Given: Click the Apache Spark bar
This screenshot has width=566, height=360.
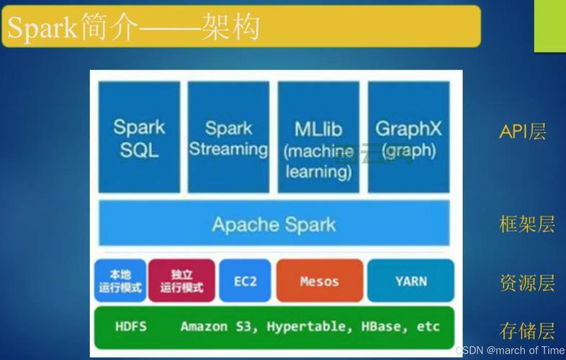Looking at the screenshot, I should pos(274,224).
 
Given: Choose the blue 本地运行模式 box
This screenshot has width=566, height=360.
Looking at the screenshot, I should pos(120,281).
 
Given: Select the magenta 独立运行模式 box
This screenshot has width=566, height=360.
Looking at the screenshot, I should pos(181,281).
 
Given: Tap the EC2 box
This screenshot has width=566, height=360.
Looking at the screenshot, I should pos(246,281).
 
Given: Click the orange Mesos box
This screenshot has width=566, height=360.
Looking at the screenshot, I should pos(318,281).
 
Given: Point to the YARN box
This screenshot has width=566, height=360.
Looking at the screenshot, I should pos(410,281).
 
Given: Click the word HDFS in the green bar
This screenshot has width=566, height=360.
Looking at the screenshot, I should pos(130,326).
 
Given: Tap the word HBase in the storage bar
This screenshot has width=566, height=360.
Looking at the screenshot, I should pos(373,326).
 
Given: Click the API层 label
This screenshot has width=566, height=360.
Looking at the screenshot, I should pos(523,132).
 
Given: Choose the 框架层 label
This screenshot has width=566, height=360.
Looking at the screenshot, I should pos(527,224).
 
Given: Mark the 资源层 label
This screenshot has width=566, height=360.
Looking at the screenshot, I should pos(527,282).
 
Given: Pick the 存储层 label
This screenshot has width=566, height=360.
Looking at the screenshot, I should pos(527,331).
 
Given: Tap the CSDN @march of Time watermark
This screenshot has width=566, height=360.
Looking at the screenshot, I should pos(510,350).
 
